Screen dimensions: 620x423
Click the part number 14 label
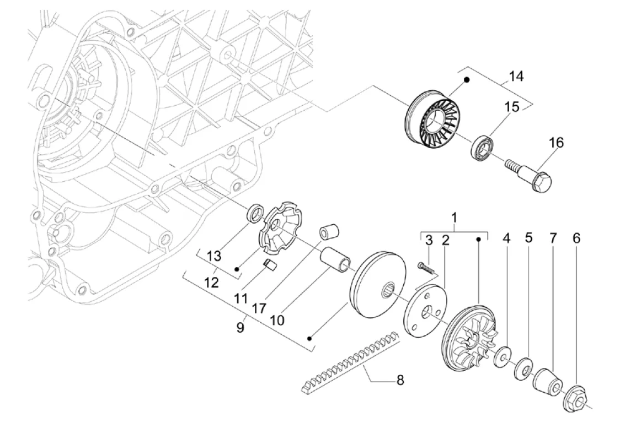[x=516, y=76]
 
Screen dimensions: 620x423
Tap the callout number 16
[x=557, y=143]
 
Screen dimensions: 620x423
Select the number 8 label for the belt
[x=400, y=381]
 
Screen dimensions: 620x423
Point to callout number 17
[x=259, y=308]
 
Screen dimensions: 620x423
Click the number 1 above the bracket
[x=455, y=217]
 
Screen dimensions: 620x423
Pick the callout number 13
[x=214, y=256]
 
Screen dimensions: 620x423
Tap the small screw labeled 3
[x=426, y=267]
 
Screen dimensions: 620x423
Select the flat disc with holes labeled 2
[x=426, y=311]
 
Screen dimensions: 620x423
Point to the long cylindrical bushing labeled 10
[x=336, y=258]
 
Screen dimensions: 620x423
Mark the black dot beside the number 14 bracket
[x=467, y=80]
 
